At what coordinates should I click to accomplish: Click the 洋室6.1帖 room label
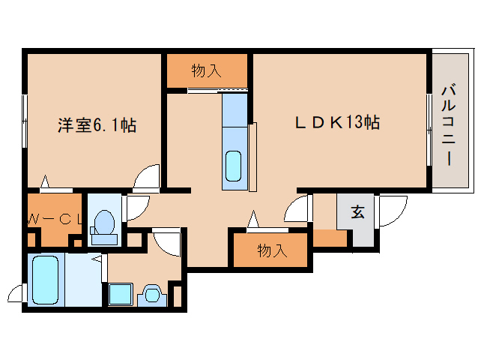(x=97, y=124)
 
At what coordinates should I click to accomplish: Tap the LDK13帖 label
(x=337, y=123)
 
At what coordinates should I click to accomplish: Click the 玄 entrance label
(x=357, y=211)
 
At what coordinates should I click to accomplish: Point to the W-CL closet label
(x=55, y=219)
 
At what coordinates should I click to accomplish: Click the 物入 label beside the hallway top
(x=206, y=70)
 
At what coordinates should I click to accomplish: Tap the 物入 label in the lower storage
(x=272, y=250)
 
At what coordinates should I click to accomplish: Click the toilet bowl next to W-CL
(x=104, y=227)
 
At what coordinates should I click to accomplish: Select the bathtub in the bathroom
(x=45, y=280)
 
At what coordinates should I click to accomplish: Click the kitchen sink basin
(x=233, y=166)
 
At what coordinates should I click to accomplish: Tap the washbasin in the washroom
(x=152, y=295)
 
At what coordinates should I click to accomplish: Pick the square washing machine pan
(x=121, y=294)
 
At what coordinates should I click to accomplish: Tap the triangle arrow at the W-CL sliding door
(x=45, y=181)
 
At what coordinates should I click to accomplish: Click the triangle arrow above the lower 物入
(x=253, y=219)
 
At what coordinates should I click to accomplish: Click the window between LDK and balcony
(x=429, y=130)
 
